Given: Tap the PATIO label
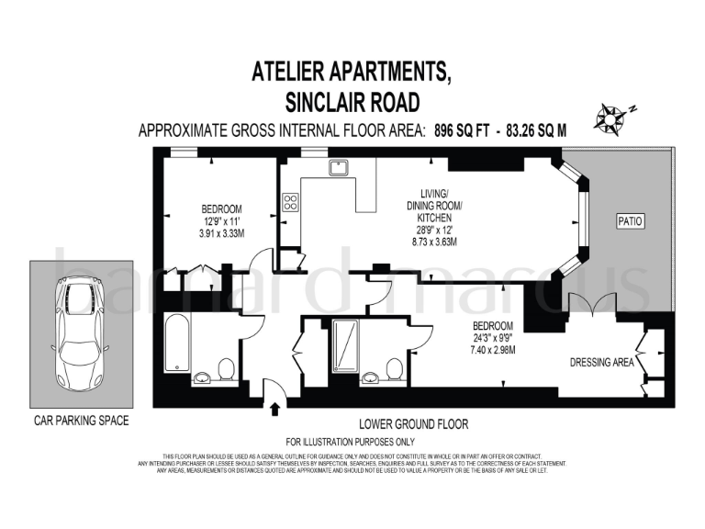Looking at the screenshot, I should [x=630, y=221].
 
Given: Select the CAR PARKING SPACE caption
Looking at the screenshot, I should [x=82, y=422].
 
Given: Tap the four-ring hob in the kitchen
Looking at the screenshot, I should [x=291, y=202].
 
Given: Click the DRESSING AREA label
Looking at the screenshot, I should [x=602, y=363].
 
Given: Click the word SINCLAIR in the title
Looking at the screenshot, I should [x=330, y=100].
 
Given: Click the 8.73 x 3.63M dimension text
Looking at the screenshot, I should [x=433, y=242].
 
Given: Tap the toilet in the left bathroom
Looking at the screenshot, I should [x=225, y=369].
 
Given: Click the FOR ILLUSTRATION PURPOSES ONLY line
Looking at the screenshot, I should [x=352, y=442].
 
